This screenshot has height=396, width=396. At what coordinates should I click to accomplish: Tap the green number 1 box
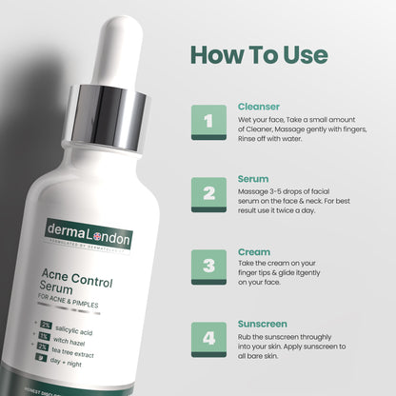coord(208,123)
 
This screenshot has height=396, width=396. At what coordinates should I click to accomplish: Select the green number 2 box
coord(208,193)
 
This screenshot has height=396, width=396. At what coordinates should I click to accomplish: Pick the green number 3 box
coord(208,263)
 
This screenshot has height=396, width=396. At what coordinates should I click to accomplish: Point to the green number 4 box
coord(208,336)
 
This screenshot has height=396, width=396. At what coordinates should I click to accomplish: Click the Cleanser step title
coord(257,108)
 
